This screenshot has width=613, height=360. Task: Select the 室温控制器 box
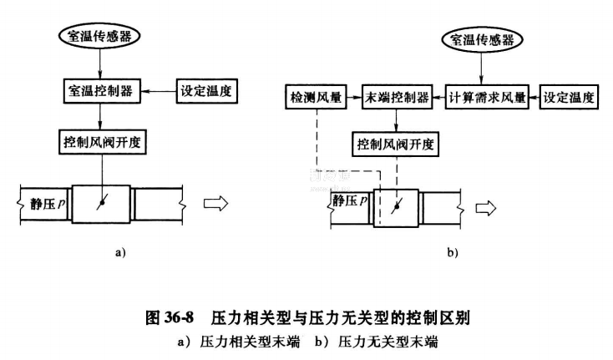click(99, 89)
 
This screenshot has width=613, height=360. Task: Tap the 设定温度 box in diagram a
click(207, 89)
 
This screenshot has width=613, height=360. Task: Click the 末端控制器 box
click(397, 98)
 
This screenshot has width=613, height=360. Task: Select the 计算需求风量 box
click(486, 98)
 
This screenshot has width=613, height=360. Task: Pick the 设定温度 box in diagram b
click(570, 98)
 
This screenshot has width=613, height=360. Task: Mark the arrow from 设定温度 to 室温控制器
click(157, 89)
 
